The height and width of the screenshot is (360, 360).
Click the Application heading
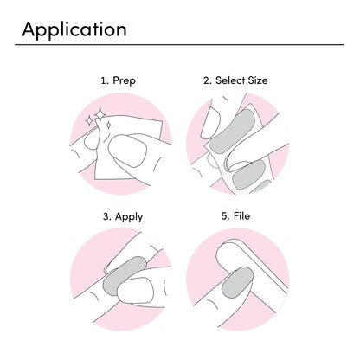click(74, 30)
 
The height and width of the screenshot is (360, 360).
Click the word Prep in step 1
click(124, 80)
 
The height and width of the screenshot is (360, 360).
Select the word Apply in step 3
click(129, 217)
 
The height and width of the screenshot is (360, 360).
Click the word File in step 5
click(241, 215)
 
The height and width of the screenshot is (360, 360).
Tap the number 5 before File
click(225, 216)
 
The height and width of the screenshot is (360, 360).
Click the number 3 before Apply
click(106, 216)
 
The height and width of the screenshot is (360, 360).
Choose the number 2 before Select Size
click(208, 80)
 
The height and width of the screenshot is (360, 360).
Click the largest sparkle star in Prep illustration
click(100, 113)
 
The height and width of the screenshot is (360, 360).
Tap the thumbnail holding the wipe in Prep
click(127, 151)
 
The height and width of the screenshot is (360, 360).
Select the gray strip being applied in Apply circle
click(124, 274)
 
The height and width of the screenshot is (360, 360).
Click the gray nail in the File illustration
click(237, 282)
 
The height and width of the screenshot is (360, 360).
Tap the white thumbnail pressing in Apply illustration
click(135, 290)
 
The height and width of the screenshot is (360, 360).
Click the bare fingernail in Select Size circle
click(210, 122)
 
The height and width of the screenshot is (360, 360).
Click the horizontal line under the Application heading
click(179, 45)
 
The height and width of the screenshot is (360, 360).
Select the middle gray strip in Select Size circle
click(248, 175)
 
